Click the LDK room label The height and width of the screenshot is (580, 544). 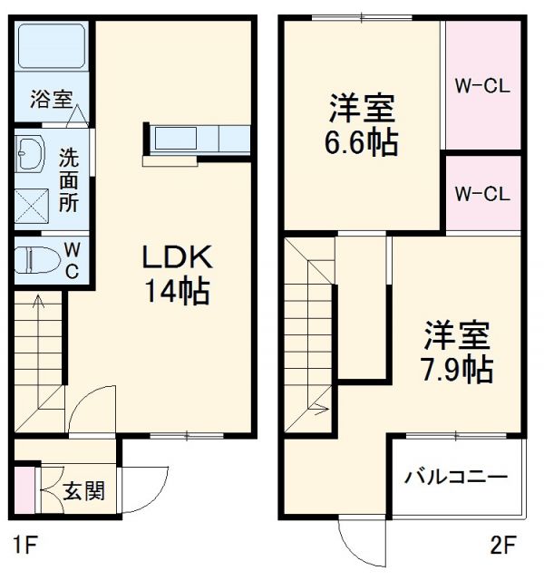coord(176,257)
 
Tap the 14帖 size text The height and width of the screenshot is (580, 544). coord(176,291)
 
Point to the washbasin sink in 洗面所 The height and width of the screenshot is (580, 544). coord(29,155)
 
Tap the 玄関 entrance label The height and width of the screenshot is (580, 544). coord(83,492)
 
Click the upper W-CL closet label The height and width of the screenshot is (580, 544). coord(482,87)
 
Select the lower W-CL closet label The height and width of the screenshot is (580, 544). coord(482,193)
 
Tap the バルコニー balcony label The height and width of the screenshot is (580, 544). coord(456,478)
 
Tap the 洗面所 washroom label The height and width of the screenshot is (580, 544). coord(69,179)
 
